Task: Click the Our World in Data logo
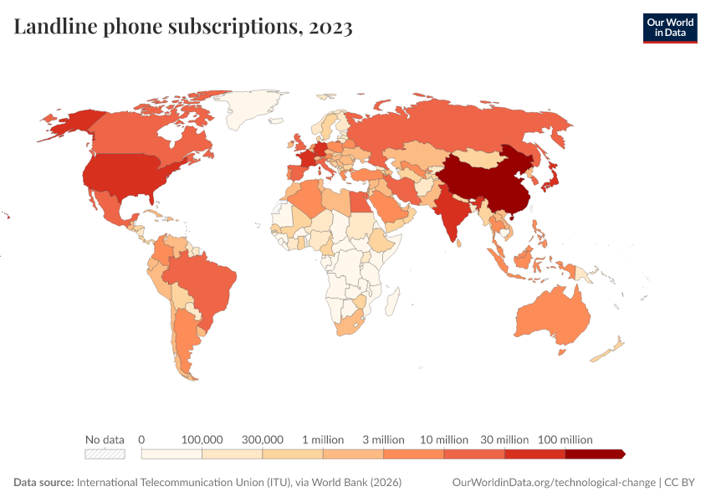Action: pyautogui.click(x=669, y=28)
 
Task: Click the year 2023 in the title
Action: pyautogui.click(x=330, y=28)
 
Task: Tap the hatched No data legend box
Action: pyautogui.click(x=105, y=454)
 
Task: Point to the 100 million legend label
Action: pyautogui.click(x=565, y=439)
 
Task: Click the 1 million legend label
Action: pyautogui.click(x=323, y=439)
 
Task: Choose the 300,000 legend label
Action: pyautogui.click(x=263, y=439)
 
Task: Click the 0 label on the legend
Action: pyautogui.click(x=142, y=439)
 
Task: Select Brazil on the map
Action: pyautogui.click(x=205, y=284)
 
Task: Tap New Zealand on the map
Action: pyautogui.click(x=609, y=351)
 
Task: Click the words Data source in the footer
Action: pyautogui.click(x=43, y=483)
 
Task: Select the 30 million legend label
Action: pyautogui.click(x=504, y=439)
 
